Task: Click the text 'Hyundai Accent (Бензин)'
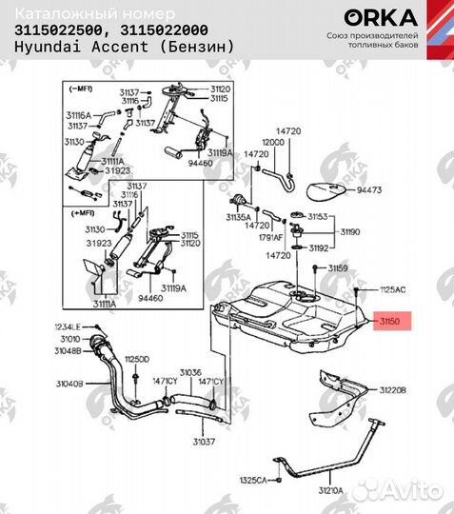pos(110,47)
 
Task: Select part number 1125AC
pos(393,287)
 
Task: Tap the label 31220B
pos(393,390)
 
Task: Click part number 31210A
pos(329,491)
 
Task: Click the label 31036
pos(191,372)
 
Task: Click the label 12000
pos(274,140)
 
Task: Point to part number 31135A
pos(238,217)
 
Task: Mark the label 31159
pos(339,269)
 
